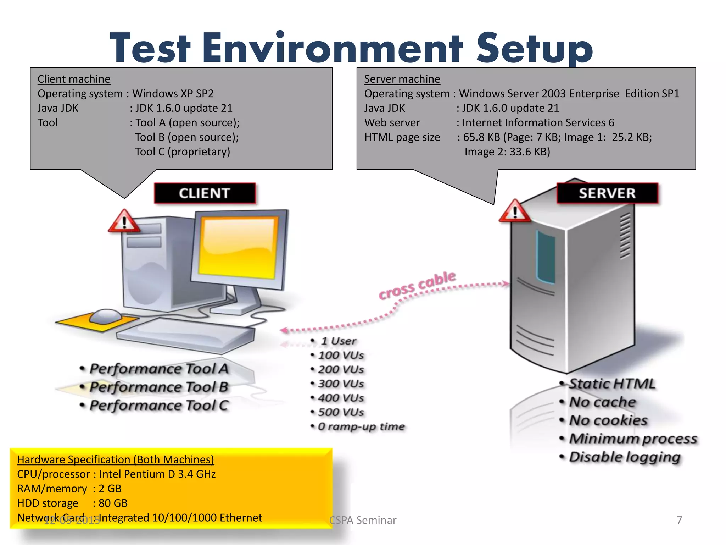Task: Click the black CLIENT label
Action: [205, 193]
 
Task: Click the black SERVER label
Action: [607, 193]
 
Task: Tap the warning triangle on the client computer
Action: [124, 222]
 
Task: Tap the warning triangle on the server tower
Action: [515, 211]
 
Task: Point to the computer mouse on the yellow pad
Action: [105, 316]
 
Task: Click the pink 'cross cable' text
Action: [417, 285]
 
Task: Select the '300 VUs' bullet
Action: [340, 384]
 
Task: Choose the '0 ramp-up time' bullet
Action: [361, 426]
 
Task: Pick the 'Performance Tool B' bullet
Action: [158, 387]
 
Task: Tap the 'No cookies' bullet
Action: [608, 420]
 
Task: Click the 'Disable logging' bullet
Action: [624, 457]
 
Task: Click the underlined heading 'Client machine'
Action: [74, 79]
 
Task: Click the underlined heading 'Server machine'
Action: [402, 79]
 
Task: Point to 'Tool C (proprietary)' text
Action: [182, 152]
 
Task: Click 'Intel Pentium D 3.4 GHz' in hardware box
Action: [157, 474]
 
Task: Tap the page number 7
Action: [679, 520]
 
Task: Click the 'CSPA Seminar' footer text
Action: [363, 520]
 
